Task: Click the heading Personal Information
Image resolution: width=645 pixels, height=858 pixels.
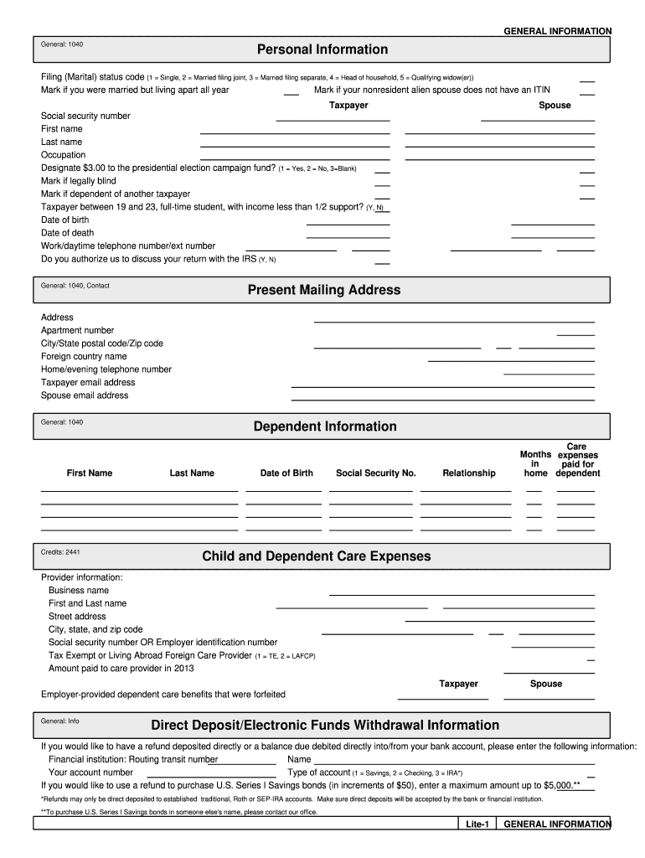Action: coord(322,49)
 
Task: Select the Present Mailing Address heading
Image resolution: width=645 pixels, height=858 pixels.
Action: coord(323,290)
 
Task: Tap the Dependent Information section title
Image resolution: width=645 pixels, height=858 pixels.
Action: coord(325,426)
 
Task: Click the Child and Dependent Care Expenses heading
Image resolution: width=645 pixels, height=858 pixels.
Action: coord(317,556)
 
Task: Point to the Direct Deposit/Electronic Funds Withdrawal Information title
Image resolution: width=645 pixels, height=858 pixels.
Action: coord(325,725)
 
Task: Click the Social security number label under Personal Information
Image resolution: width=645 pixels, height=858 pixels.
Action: coord(85,116)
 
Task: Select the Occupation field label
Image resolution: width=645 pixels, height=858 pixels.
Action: coord(63,155)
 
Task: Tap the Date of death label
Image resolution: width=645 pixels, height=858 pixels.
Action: coord(68,233)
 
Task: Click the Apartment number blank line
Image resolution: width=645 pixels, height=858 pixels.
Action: coord(575,333)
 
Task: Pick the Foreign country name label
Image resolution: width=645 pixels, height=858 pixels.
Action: coord(84,356)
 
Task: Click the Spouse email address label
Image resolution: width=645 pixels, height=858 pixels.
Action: coord(85,395)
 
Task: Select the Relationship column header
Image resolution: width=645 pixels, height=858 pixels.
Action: coord(468,473)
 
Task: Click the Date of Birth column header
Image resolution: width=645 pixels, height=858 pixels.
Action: coord(286,473)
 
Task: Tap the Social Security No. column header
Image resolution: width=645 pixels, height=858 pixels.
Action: coord(375,473)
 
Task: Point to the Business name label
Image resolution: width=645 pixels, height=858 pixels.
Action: coord(79,591)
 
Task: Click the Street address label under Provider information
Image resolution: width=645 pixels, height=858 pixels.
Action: coord(77,617)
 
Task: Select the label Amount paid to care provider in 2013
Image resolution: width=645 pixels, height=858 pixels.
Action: coord(121,669)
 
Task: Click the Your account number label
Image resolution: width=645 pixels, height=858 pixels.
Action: coord(90,773)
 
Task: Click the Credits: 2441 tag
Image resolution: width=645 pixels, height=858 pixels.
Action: coord(60,552)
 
